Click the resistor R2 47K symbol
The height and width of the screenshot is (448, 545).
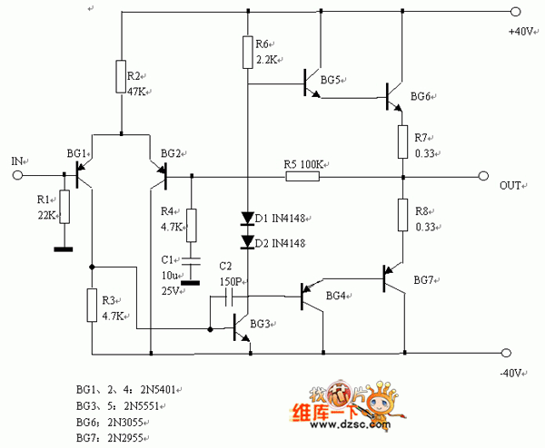tap(121, 77)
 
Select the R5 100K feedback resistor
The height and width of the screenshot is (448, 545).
tap(302, 176)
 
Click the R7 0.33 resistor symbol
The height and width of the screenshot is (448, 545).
tap(401, 141)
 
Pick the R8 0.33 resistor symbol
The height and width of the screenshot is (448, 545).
tap(401, 214)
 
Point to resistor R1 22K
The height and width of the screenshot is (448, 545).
tap(64, 205)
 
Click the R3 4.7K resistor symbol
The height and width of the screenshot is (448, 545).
tap(91, 305)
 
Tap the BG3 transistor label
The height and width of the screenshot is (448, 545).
tap(260, 324)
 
